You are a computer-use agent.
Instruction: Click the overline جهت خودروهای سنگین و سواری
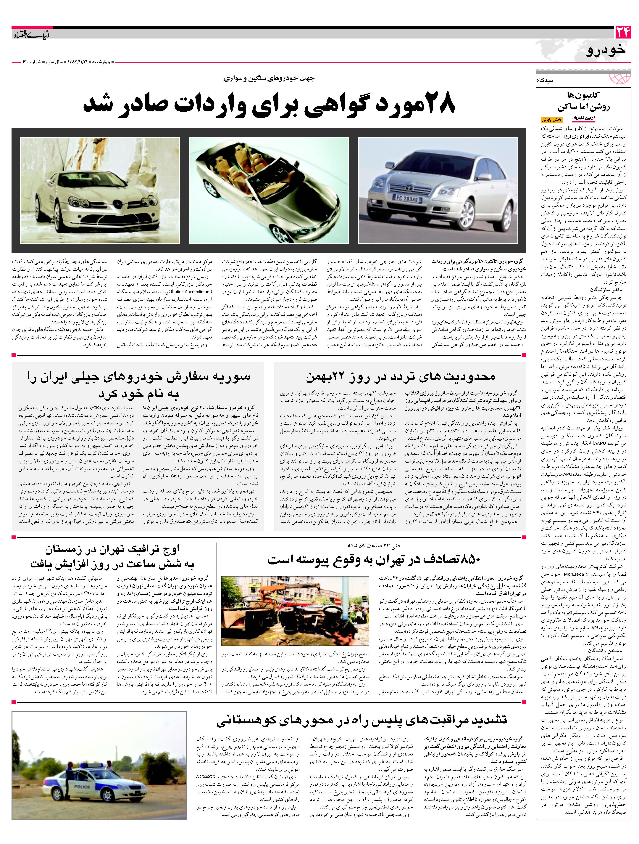pos(269,79)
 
